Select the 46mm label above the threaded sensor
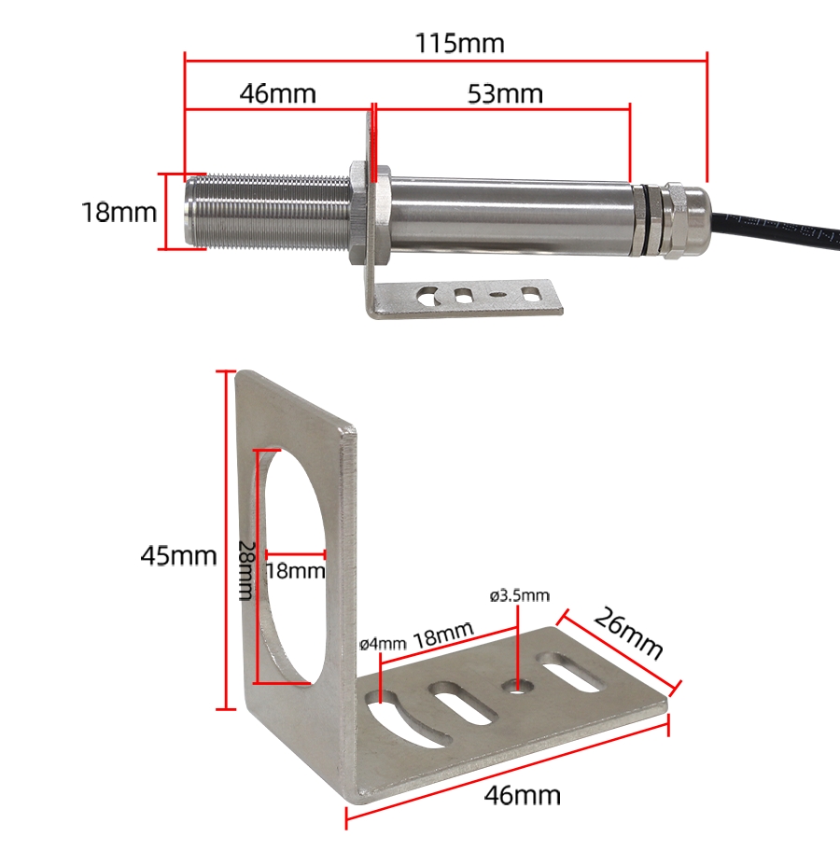pyautogui.click(x=277, y=93)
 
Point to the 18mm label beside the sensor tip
pyautogui.click(x=119, y=212)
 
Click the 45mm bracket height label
pyautogui.click(x=178, y=555)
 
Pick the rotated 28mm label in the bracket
pyautogui.click(x=245, y=569)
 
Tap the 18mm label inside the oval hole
pyautogui.click(x=296, y=570)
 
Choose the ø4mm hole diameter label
pyautogui.click(x=383, y=644)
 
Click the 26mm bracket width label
pyautogui.click(x=626, y=635)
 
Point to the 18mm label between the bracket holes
pyautogui.click(x=442, y=638)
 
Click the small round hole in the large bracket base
pyautogui.click(x=517, y=689)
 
